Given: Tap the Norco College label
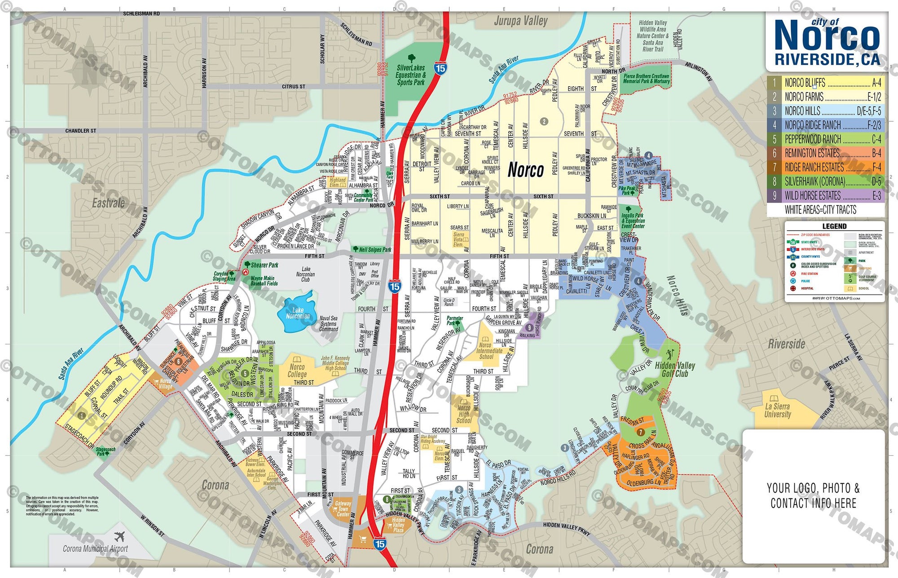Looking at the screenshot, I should pos(297,371).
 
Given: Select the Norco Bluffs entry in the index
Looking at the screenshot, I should pos(826,83).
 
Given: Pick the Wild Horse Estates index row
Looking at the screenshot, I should pos(826,196).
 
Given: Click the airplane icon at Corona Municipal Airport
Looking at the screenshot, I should pos(119,537).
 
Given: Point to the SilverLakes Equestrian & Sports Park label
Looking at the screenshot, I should pos(410,75).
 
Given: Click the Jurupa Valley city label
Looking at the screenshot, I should pos(520,21).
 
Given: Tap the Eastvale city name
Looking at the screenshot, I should pos(108,203).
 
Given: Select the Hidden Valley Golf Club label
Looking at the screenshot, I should pos(674,369).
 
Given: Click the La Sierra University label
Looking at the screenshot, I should pos(778,410).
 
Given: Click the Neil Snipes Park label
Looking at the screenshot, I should pos(375,250).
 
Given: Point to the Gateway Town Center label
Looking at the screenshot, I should pos(343,509).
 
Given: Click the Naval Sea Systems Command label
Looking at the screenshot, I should pos(328,323).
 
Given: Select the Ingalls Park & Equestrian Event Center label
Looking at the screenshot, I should pos(633,221).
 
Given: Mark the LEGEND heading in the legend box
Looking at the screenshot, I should pos(834,226).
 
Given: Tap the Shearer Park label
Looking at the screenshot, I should pos(264,265).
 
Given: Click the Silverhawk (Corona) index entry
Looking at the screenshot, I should pos(826,181).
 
